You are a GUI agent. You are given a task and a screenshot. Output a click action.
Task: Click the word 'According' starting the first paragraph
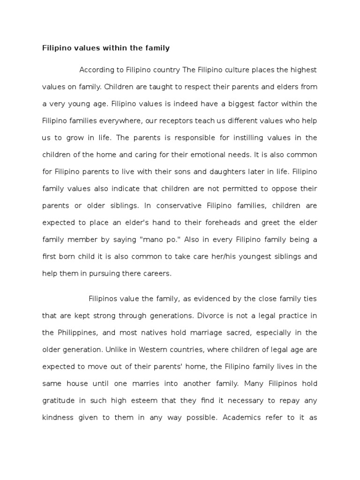click(x=97, y=70)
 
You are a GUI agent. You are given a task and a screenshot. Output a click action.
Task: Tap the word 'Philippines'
click(x=76, y=332)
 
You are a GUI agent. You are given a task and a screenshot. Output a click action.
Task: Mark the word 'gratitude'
click(x=58, y=400)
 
